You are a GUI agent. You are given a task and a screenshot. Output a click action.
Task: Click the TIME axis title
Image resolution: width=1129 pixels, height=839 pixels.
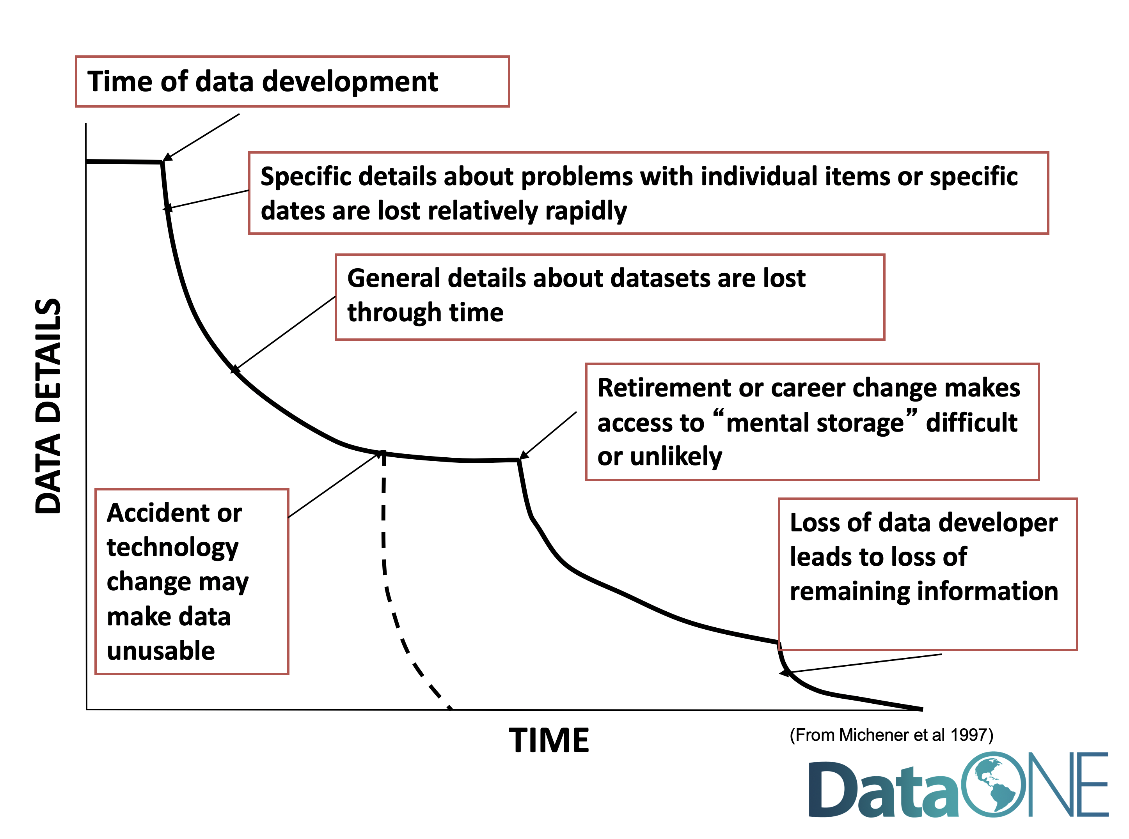[549, 740]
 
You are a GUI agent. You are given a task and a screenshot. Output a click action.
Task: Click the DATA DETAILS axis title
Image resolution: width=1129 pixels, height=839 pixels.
[48, 406]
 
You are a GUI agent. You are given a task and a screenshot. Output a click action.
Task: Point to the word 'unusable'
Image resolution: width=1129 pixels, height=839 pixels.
[161, 651]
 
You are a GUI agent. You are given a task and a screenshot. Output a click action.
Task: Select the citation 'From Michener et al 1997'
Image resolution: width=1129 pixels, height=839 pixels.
[891, 735]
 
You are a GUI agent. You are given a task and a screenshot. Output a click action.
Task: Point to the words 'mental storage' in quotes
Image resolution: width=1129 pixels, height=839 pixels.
[815, 423]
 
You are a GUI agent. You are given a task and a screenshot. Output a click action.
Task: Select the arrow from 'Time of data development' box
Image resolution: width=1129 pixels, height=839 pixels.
[201, 137]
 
